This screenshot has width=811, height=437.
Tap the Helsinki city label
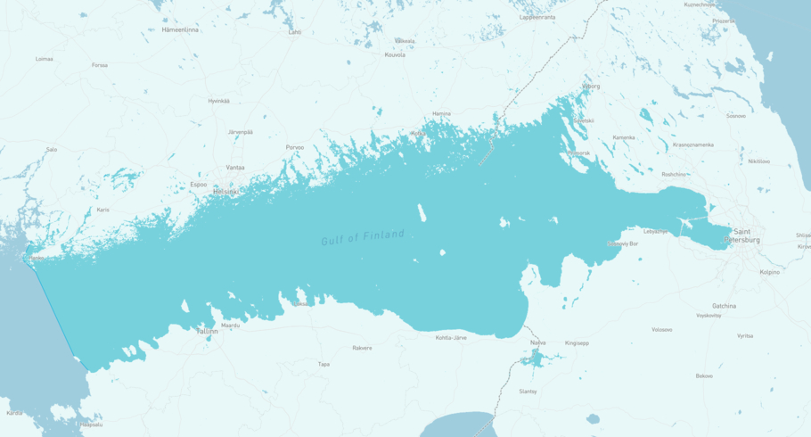coord(225,192)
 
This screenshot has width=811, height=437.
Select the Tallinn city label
coord(207,331)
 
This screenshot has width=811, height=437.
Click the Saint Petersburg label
coord(741,235)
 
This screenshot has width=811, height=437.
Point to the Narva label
coord(537,342)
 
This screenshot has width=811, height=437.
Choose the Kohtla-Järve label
coord(451,338)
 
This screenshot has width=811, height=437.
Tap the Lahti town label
coord(294,32)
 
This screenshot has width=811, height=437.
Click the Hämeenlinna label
coord(180,29)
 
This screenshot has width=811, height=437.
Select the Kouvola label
coord(394,54)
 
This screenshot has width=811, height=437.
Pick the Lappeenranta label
coord(537,17)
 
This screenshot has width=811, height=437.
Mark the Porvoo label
coord(294,147)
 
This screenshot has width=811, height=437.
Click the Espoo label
coord(198,185)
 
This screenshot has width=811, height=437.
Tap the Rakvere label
coord(362,348)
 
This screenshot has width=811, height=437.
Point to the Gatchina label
coord(724,306)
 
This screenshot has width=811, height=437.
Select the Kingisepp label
coord(577,342)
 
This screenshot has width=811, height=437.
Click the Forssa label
coord(99,65)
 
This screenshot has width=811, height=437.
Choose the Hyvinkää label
coord(218,101)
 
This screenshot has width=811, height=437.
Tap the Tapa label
coord(324,364)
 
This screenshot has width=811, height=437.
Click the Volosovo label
coord(661,329)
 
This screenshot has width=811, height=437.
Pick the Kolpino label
coord(769,272)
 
